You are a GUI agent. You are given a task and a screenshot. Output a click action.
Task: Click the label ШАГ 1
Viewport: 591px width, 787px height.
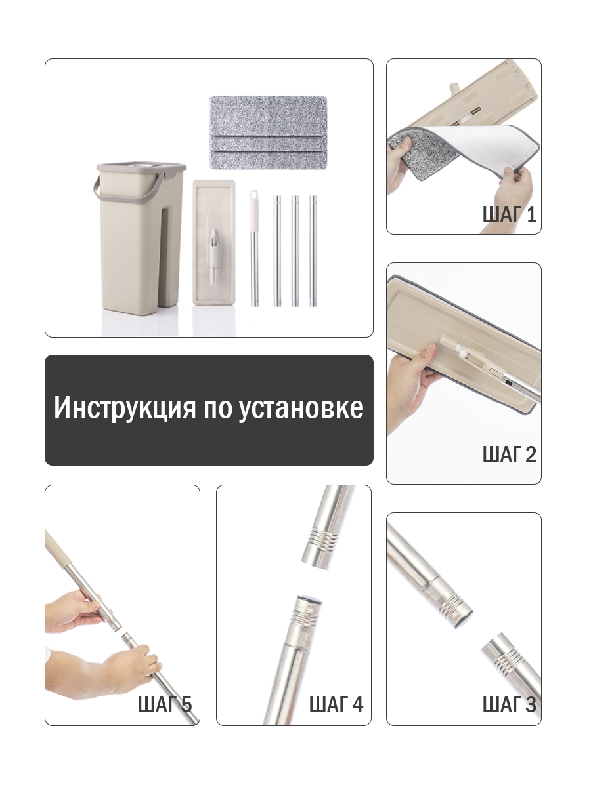(510, 214)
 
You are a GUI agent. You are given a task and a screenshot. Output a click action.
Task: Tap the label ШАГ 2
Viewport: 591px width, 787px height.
(510, 454)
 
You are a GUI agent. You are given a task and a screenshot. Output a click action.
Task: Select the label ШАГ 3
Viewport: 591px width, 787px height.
(510, 704)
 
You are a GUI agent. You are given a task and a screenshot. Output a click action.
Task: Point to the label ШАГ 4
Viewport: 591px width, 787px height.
(336, 704)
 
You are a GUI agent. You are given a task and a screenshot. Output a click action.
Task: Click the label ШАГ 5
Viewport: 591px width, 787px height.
(165, 704)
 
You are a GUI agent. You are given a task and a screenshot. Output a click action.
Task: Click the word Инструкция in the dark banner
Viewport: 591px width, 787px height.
(125, 408)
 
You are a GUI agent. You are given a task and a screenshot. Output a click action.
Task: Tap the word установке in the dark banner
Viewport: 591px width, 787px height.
(301, 408)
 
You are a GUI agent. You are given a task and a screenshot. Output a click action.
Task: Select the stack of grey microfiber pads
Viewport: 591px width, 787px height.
(268, 132)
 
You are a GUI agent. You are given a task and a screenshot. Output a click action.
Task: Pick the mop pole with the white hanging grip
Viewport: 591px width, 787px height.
(254, 248)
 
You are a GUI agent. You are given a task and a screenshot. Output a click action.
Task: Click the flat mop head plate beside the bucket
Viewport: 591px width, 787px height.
(214, 243)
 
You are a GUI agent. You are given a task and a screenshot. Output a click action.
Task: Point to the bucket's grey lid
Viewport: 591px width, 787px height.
(141, 167)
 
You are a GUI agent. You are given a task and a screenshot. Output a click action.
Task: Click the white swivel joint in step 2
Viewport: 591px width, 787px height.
(464, 353)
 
